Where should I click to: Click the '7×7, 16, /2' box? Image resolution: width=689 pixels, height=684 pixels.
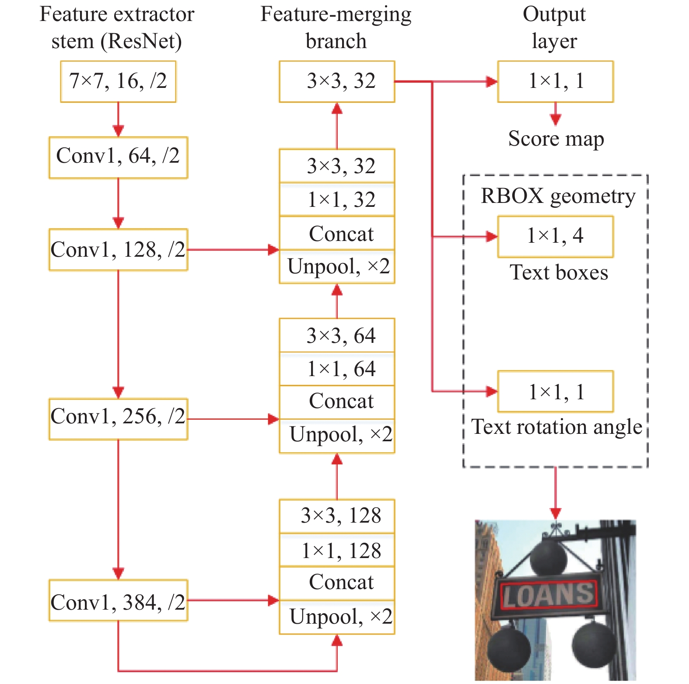coord(118,82)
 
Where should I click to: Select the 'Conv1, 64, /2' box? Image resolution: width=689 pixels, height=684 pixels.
coord(118,158)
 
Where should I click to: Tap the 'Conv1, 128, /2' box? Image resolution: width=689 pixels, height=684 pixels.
coord(118,250)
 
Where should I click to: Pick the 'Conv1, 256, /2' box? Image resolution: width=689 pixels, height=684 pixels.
coord(118,419)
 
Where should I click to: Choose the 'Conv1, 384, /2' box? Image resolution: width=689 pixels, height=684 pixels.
coord(118,600)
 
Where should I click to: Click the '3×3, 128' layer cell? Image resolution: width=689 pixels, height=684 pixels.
coord(337,516)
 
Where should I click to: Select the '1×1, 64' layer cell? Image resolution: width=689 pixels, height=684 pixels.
coord(337,369)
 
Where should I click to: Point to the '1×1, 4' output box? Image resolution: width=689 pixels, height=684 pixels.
coord(556,237)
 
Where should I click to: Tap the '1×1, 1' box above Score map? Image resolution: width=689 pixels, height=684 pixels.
coord(556,82)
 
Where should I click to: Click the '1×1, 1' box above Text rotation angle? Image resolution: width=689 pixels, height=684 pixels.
coord(556,391)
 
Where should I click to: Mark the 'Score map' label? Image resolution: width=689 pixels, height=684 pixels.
coord(556,140)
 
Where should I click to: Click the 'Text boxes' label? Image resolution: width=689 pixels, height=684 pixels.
coord(559,272)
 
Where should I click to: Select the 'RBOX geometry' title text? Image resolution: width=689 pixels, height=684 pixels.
coord(558,196)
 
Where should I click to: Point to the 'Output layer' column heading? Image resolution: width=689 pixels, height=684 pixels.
coord(554,28)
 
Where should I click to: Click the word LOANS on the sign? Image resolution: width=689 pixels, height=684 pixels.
coord(549,595)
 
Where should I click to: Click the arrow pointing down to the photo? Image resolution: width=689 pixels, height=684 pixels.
coord(556,493)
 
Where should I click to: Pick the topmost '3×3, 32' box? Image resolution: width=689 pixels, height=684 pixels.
coord(337,82)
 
